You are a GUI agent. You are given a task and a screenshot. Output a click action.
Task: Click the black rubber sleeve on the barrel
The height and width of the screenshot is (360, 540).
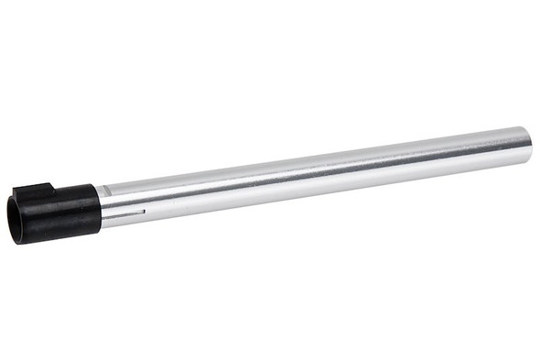[x=64, y=213]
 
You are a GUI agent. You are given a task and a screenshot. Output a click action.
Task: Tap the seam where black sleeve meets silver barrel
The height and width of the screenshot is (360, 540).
[x=99, y=207]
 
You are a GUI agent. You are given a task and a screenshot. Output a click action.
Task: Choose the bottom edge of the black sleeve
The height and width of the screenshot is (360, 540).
[x=59, y=237]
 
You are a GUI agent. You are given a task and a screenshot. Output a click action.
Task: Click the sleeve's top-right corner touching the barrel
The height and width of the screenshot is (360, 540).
[x=96, y=185]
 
